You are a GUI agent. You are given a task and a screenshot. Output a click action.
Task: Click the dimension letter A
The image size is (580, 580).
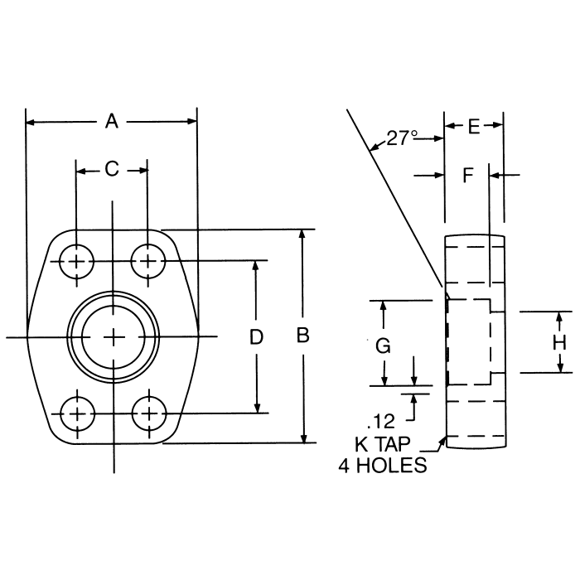tap(112, 122)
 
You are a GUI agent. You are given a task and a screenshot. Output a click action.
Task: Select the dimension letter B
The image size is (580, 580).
tap(303, 336)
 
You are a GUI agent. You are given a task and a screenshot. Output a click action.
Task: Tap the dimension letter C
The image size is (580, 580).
tap(112, 170)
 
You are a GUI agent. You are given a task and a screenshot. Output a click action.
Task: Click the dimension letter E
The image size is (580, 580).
tap(473, 126)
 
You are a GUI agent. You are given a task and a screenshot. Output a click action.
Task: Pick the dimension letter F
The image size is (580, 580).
tap(467, 175)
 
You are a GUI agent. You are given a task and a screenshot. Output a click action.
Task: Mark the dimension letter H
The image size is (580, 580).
tap(559, 342)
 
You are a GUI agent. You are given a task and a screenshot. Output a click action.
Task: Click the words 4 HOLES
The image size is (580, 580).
tap(383, 466)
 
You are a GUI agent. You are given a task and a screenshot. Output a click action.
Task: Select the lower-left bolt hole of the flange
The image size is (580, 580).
tap(77, 412)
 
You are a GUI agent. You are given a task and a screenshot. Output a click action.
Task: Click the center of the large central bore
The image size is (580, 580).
tap(113, 336)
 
